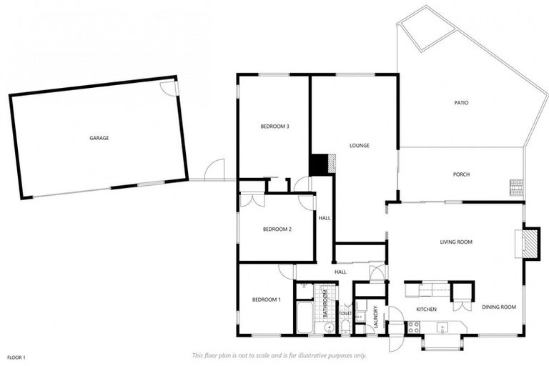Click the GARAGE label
(99, 138)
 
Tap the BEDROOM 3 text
(274, 127)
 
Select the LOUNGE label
(359, 146)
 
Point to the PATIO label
(461, 103)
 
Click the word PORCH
(461, 174)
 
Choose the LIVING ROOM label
(455, 242)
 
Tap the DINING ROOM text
(498, 307)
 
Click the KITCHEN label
(427, 310)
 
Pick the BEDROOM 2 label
(277, 229)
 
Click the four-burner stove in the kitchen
(413, 327)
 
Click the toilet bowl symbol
(345, 327)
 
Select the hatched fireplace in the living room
(530, 242)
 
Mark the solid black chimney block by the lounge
(318, 164)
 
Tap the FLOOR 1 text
(16, 356)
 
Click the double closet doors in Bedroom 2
(252, 199)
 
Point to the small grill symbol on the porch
(516, 187)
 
